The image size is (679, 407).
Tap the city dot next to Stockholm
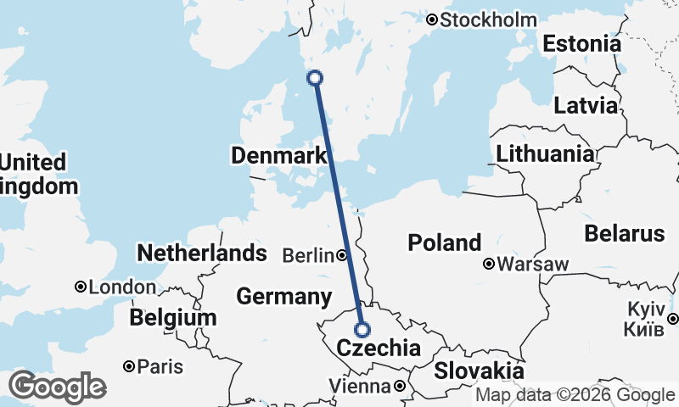432,20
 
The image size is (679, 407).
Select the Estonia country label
582,44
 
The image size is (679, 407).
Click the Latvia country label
586,106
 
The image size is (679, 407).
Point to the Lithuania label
545,154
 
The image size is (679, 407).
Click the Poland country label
444,243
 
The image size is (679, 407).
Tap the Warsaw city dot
489,264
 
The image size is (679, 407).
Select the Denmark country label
278,156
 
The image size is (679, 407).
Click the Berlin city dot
341,254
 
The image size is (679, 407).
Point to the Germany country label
283,297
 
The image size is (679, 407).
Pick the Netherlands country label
202,253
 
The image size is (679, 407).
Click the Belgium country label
173,318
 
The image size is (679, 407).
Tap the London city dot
81,287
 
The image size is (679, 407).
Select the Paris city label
160,366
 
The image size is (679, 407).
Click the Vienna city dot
399,387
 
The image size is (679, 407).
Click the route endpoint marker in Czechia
362,330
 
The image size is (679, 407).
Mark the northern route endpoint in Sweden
315,78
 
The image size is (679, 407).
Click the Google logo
57,387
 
